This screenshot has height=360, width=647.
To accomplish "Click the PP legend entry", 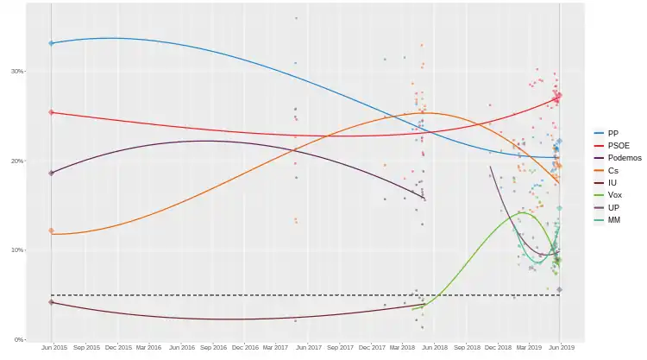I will pos(612,133).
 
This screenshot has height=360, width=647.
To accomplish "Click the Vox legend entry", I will pos(613,195).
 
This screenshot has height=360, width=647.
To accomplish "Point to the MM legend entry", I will pos(613,220).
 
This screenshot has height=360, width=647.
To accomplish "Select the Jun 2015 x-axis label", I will pos(53,348).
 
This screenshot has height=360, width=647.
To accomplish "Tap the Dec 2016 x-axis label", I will pos(244,348).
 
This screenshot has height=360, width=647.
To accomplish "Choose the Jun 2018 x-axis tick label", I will pos(434,348).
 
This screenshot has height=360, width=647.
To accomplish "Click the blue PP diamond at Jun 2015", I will pos(52,43).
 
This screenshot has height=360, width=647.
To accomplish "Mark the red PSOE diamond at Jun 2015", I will pos(52,112).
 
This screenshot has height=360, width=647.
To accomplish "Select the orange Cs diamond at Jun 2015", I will pos(52,231).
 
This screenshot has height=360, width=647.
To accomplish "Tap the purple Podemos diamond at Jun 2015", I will pos(52,173).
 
